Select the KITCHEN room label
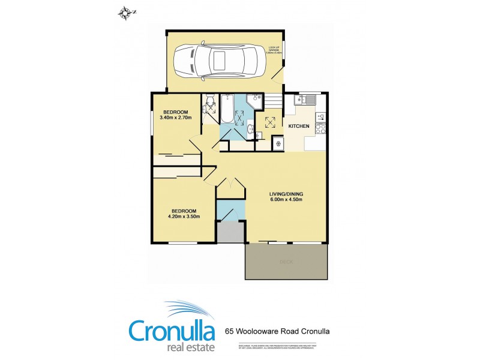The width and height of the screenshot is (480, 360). coord(299,127)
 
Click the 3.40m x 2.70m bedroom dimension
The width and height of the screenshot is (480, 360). coord(175,117)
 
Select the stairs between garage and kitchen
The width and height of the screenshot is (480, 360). coord(273,101)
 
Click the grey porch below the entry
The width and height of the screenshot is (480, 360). coord(230,231)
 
